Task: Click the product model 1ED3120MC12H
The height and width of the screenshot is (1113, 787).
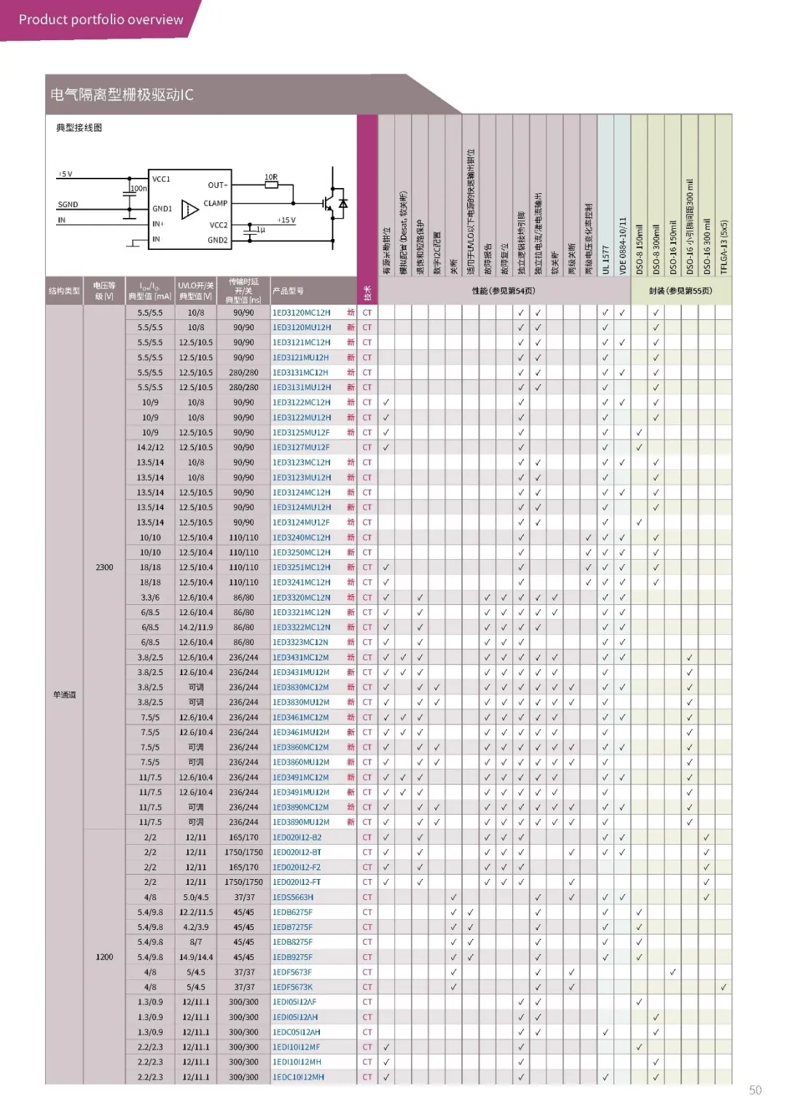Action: [x=301, y=313]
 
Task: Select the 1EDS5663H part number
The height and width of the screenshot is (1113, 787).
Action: [x=293, y=897]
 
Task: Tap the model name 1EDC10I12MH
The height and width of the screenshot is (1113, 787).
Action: [x=298, y=1077]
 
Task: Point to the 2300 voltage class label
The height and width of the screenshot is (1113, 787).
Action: [x=104, y=567]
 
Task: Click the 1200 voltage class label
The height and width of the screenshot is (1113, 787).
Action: [x=104, y=957]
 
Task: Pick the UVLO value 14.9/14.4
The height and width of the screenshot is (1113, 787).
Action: [x=196, y=957]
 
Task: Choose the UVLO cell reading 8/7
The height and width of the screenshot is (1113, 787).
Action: [x=196, y=942]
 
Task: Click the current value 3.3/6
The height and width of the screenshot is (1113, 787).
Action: [x=150, y=597]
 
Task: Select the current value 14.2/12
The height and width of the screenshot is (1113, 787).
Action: [x=150, y=448]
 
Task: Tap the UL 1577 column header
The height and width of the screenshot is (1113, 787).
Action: [x=606, y=259]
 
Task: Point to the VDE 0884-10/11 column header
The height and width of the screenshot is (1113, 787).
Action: [x=622, y=245]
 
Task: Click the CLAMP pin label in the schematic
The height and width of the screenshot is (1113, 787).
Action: [x=216, y=203]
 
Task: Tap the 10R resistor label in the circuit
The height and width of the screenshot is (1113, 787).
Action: [x=271, y=177]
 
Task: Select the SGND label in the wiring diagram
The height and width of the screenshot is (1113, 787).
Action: [x=68, y=205]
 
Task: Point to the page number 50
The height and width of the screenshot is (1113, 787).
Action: [x=755, y=1090]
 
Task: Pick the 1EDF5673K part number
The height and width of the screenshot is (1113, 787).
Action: [x=292, y=987]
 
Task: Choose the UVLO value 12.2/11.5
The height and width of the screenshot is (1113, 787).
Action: [x=196, y=912]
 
